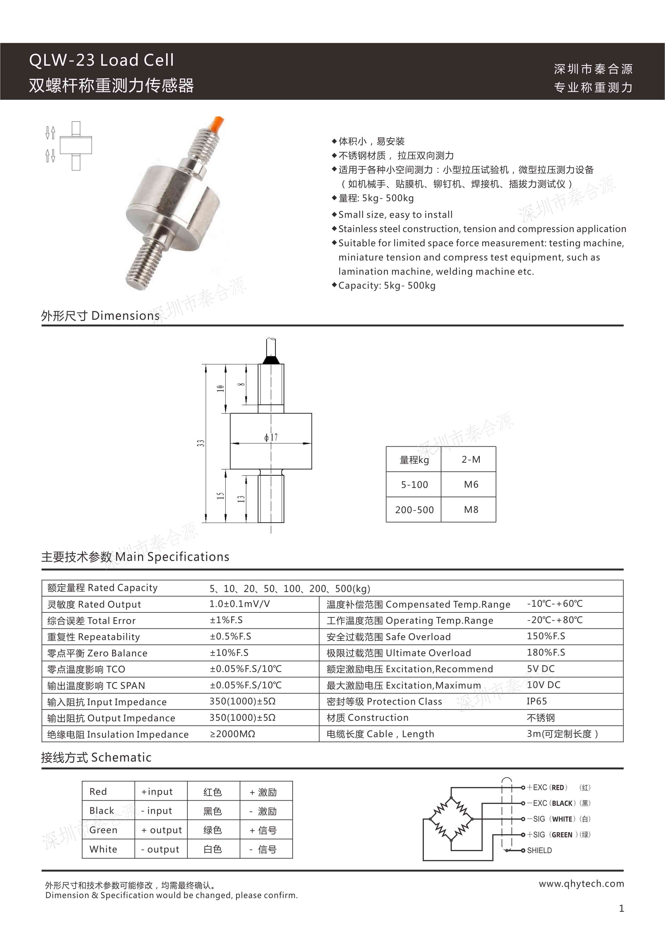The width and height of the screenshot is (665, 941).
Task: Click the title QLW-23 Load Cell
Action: [x=102, y=60]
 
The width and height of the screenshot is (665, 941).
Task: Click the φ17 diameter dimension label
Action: [x=271, y=437]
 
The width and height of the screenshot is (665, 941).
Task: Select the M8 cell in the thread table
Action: [x=471, y=509]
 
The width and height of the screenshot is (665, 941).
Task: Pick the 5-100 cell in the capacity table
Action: [x=414, y=484]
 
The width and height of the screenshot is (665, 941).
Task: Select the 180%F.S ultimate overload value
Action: [x=546, y=652]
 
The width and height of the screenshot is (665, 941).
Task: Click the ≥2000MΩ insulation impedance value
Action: [x=233, y=734]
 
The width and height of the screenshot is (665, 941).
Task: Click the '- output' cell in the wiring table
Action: [x=160, y=849]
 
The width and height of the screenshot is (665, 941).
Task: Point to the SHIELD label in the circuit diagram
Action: [x=539, y=850]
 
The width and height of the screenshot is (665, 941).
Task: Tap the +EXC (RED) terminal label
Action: [x=547, y=787]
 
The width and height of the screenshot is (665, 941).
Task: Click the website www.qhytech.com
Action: [x=581, y=884]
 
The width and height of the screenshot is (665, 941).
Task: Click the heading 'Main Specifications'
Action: [x=172, y=557]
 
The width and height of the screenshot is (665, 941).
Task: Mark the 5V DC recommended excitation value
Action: [x=540, y=669]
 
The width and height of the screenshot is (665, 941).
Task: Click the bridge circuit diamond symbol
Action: [x=451, y=819]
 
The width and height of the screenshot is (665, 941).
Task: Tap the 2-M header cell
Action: [x=471, y=460]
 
